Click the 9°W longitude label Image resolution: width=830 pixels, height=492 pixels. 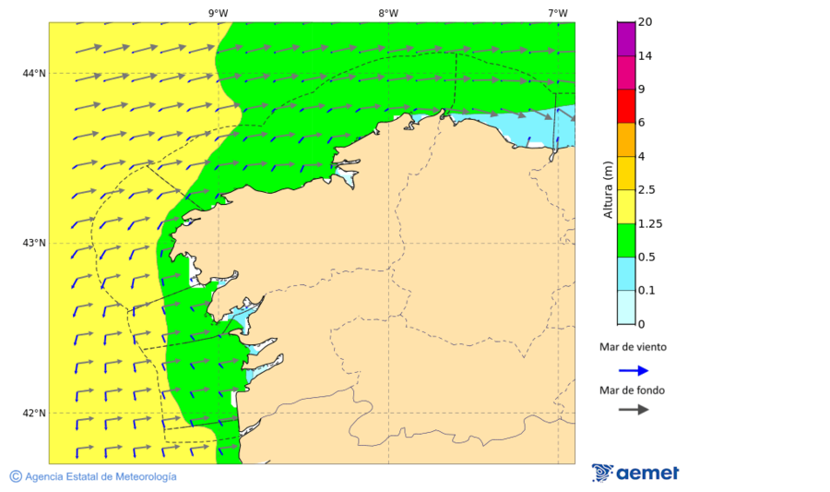[218, 13]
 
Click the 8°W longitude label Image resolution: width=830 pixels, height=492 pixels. [387, 13]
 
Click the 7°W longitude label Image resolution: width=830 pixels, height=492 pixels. [557, 13]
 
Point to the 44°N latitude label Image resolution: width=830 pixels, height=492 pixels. [34, 73]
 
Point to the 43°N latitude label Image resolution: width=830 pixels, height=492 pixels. [34, 243]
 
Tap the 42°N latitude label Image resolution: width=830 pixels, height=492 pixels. [34, 413]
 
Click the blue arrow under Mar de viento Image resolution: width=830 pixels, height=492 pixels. [633, 370]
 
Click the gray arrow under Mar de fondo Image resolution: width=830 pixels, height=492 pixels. [633, 410]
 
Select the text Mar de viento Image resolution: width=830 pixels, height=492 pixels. [632, 347]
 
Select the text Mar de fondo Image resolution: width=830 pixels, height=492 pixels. [632, 390]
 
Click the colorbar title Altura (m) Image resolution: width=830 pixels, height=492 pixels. [608, 190]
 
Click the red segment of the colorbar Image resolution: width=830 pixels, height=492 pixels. [626, 105]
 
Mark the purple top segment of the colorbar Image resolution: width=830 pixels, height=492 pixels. [626, 38]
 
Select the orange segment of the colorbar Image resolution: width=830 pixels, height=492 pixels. [626, 138]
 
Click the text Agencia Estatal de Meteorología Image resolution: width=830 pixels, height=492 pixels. [101, 476]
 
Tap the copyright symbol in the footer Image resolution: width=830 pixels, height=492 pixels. [16, 476]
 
